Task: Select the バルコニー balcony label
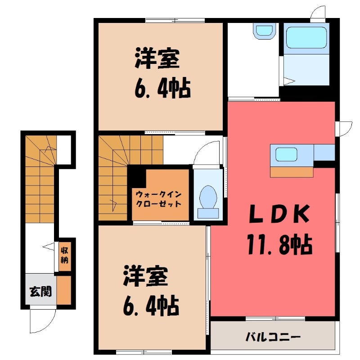273,337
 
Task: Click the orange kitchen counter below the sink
292,171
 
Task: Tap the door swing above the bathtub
318,13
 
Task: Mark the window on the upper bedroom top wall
175,20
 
